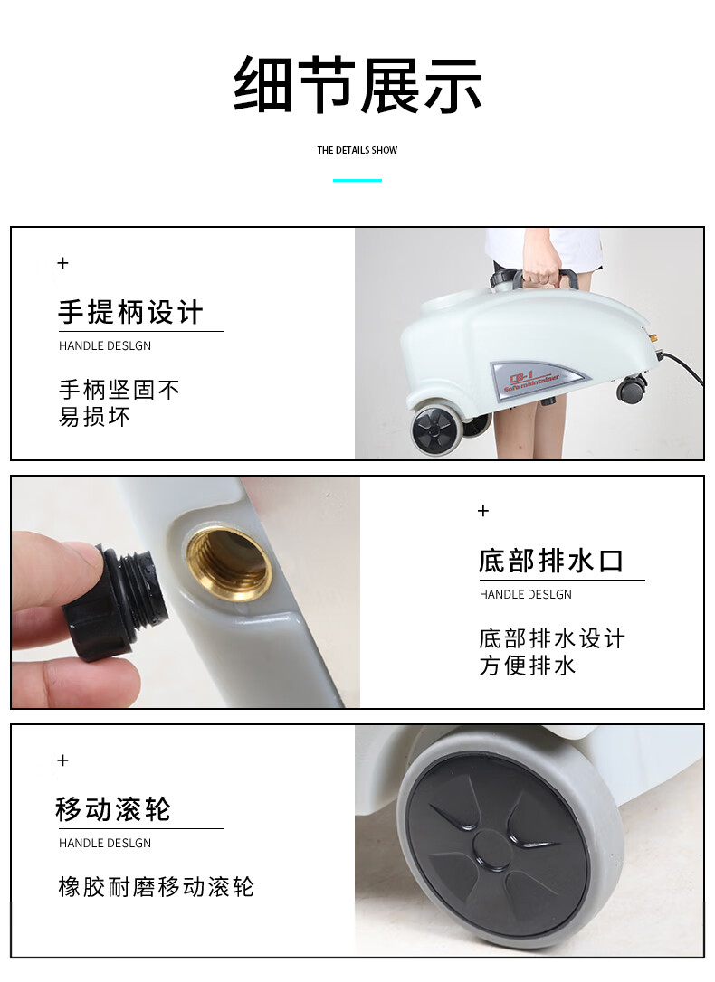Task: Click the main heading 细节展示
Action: [357, 85]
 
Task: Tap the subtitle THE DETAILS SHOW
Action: [357, 150]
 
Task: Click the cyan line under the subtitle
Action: [357, 180]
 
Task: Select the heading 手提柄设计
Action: [131, 313]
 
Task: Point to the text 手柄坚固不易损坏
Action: [119, 402]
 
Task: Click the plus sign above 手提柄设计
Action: [62, 263]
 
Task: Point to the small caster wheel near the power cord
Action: [632, 388]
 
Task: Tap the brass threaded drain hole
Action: [230, 563]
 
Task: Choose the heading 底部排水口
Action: [551, 562]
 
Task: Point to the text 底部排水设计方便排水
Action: [552, 652]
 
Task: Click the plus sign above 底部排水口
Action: [483, 511]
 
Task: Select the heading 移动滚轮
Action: [113, 809]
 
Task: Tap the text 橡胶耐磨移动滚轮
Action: [156, 887]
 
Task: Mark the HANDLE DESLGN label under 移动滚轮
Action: [105, 843]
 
